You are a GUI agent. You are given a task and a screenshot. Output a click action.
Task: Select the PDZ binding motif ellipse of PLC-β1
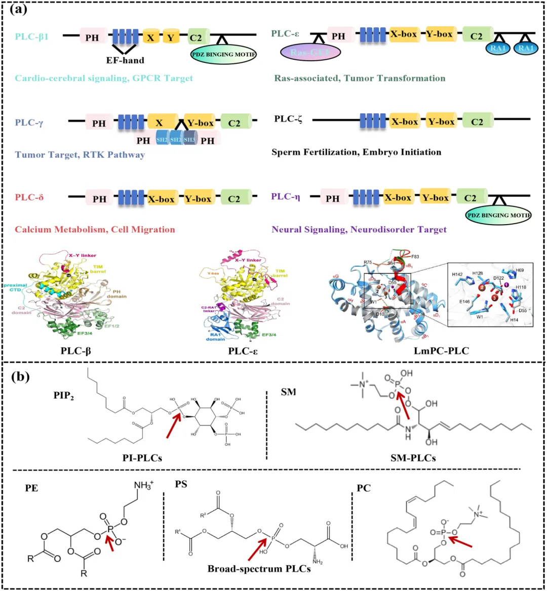pyautogui.click(x=223, y=54)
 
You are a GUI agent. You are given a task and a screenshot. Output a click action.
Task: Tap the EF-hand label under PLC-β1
pyautogui.click(x=125, y=60)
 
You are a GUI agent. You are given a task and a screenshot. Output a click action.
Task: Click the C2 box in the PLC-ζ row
pyautogui.click(x=477, y=121)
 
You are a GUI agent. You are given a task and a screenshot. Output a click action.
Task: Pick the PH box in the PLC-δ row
pyautogui.click(x=99, y=199)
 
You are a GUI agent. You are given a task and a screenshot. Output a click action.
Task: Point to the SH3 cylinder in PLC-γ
pyautogui.click(x=189, y=140)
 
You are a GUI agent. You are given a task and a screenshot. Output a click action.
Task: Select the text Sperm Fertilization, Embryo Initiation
pyautogui.click(x=356, y=152)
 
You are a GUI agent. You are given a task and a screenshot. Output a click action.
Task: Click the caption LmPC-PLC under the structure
pyautogui.click(x=438, y=350)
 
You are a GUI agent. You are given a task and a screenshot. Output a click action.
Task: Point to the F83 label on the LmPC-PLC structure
pyautogui.click(x=415, y=257)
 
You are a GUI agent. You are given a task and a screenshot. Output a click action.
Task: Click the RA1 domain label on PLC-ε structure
pyautogui.click(x=215, y=336)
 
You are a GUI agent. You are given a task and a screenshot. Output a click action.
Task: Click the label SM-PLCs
pyautogui.click(x=413, y=458)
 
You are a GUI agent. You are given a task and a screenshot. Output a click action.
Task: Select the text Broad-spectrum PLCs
pyautogui.click(x=259, y=568)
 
